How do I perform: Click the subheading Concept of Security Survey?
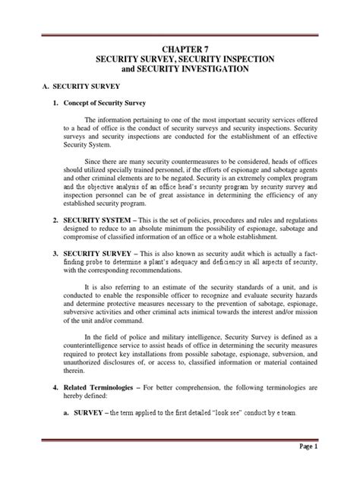[x=99, y=103]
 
